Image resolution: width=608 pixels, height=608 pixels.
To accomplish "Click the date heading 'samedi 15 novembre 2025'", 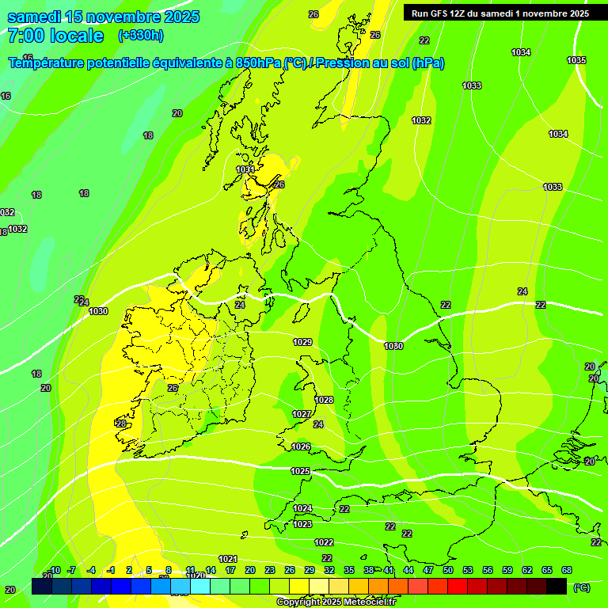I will pyautogui.click(x=103, y=17).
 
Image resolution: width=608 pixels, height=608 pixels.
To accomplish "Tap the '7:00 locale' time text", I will pyautogui.click(x=55, y=36).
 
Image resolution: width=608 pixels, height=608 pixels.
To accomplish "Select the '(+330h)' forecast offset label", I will pyautogui.click(x=141, y=36).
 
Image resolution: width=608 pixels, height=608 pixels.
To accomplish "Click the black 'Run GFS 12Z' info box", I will pyautogui.click(x=500, y=13).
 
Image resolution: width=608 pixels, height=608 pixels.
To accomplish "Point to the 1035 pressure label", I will pyautogui.click(x=576, y=60).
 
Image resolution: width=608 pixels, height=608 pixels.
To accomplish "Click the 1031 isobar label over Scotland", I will pyautogui.click(x=245, y=169).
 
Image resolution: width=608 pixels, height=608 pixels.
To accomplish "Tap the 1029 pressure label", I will pyautogui.click(x=302, y=342).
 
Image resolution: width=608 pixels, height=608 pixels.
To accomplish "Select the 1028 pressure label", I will pyautogui.click(x=324, y=400).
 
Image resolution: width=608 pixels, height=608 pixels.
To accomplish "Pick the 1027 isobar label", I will pyautogui.click(x=302, y=414).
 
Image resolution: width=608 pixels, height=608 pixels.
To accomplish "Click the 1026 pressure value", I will pyautogui.click(x=301, y=446).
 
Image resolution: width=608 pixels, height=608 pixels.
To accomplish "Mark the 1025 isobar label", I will pyautogui.click(x=300, y=471).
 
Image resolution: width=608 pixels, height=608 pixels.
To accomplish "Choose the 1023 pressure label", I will pyautogui.click(x=302, y=524).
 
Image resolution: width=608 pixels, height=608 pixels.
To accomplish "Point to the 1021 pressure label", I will pyautogui.click(x=228, y=559).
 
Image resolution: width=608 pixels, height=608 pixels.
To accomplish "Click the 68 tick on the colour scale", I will pyautogui.click(x=567, y=570).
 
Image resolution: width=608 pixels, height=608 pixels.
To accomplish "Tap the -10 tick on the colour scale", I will pyautogui.click(x=54, y=570).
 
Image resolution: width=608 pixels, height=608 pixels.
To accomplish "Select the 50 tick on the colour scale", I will pyautogui.click(x=448, y=570).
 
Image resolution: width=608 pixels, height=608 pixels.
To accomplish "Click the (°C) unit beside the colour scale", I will pyautogui.click(x=581, y=587).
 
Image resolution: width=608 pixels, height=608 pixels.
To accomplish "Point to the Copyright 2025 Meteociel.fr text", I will pyautogui.click(x=336, y=602).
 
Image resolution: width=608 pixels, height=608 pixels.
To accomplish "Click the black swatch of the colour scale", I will pyautogui.click(x=557, y=586).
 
